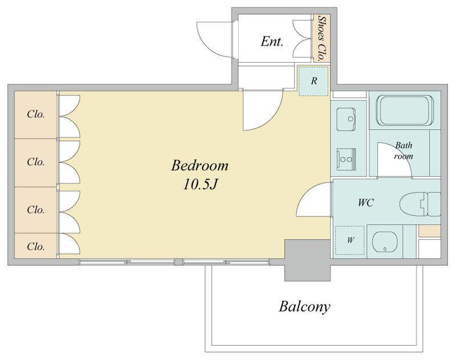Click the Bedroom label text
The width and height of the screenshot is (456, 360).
[199, 166]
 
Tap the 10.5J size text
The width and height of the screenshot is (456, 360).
[200, 184]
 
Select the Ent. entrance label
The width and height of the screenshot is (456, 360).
[272, 41]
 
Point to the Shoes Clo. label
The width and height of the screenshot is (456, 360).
[321, 38]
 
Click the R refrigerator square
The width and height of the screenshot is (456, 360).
[314, 81]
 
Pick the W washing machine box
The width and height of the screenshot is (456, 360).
[350, 240]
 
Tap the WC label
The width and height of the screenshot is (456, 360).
[366, 203]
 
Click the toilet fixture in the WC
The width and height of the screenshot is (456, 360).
[420, 204]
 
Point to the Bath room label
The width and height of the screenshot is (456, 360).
[404, 150]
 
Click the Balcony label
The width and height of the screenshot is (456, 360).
[304, 307]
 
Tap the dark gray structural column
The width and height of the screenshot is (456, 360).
[307, 260]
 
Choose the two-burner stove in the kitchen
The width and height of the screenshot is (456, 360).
[347, 159]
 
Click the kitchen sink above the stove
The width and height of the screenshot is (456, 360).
[346, 120]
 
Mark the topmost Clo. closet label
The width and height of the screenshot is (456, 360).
[36, 114]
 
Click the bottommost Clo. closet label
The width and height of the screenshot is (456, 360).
[36, 247]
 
